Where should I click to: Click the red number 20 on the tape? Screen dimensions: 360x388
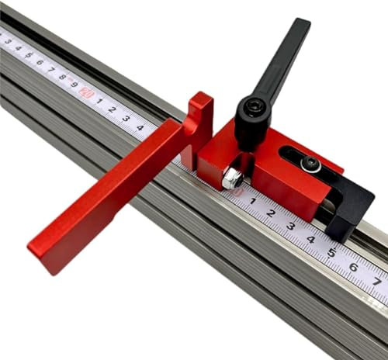click(86, 92)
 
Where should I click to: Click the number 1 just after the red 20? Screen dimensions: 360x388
click(99, 100)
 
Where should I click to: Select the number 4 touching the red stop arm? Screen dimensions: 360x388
click(140, 126)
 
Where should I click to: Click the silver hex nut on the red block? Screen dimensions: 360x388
click(232, 178)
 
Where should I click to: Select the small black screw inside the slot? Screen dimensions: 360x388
click(311, 163)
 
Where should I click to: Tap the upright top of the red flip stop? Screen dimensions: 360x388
click(201, 105)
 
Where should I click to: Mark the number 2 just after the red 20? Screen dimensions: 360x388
click(113, 109)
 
